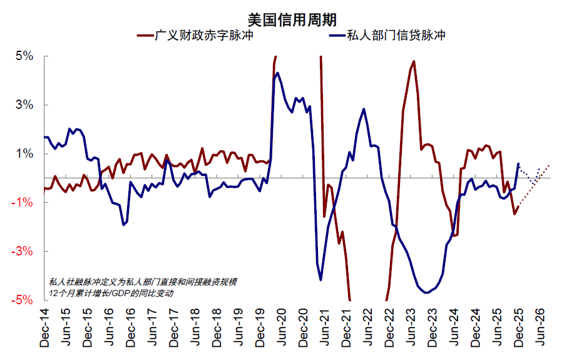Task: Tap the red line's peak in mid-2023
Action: [x=414, y=61]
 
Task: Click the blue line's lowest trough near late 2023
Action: [x=426, y=292]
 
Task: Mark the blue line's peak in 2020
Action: [x=278, y=73]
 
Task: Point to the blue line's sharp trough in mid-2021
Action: [x=320, y=279]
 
